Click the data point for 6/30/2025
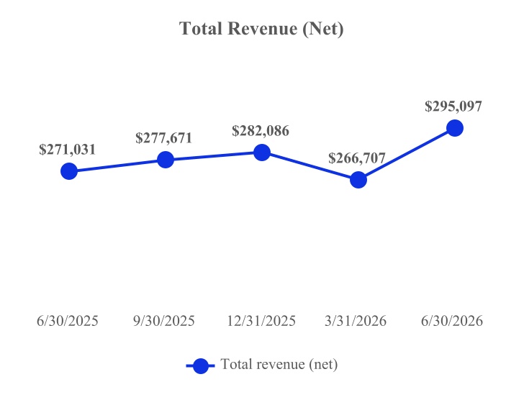point(69,171)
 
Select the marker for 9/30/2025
point(166,160)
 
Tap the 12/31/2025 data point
point(262,153)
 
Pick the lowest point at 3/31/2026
point(358,180)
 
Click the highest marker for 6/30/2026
point(455,128)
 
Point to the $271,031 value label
point(68,150)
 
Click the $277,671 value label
point(164,138)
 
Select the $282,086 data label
point(261,131)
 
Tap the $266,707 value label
point(357,158)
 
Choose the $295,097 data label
point(453,106)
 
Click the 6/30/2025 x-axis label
point(68,321)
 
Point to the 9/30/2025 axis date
point(164,321)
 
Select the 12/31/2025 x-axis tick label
point(261,321)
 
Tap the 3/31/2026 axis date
point(356,321)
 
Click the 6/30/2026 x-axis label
point(452,321)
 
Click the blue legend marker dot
point(201,366)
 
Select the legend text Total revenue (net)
point(279,364)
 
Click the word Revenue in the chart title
point(262,28)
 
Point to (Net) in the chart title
point(323,29)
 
